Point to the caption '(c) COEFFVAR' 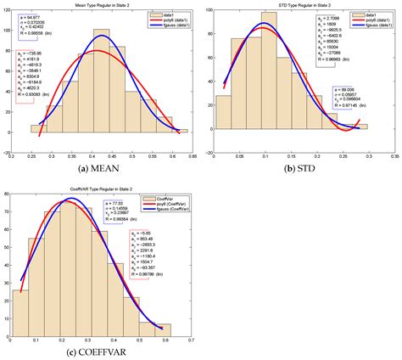coord(100,352)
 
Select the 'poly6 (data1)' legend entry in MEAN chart coord(168,22)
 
